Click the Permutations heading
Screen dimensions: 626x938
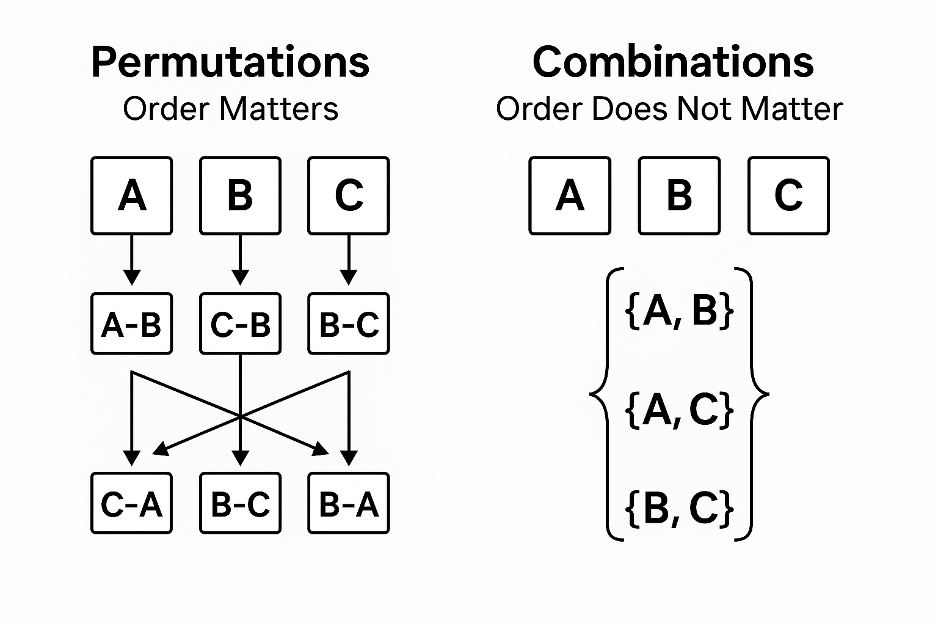click(230, 62)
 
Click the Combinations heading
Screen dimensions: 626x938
click(673, 62)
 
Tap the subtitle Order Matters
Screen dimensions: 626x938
click(230, 109)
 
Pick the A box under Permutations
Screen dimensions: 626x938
click(132, 196)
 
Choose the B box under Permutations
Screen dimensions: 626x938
click(240, 196)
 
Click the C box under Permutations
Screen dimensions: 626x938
click(349, 196)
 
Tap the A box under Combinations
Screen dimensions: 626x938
click(570, 196)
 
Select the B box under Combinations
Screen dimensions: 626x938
click(679, 196)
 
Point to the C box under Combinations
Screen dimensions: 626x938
click(788, 196)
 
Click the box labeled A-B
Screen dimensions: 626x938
click(132, 324)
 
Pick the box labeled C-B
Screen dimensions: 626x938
click(240, 324)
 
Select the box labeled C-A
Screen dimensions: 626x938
click(132, 504)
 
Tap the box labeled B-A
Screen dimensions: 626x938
click(349, 504)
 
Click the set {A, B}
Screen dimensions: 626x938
click(680, 311)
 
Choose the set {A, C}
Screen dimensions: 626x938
click(680, 409)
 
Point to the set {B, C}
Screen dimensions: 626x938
click(680, 507)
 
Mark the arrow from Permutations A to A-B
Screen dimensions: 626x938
click(132, 260)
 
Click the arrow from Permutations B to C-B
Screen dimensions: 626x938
click(240, 260)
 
